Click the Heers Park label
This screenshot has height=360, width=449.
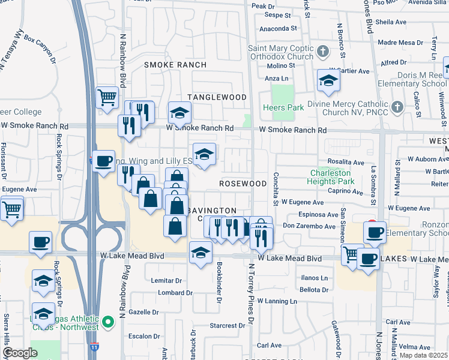tap(280, 108)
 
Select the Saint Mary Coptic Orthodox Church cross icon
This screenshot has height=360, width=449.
tap(323, 50)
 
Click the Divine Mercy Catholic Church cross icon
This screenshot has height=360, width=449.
tap(396, 107)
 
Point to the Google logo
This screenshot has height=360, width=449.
tap(20, 353)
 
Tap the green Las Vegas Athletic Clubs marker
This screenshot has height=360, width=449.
tap(109, 323)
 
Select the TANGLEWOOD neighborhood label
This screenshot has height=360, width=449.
tap(217, 97)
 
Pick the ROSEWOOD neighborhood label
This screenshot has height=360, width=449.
tap(243, 183)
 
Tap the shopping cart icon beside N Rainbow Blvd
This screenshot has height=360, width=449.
tap(107, 97)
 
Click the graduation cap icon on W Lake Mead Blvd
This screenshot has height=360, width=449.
tap(201, 252)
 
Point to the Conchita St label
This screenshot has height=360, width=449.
tap(276, 188)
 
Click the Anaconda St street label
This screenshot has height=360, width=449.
tap(278, 28)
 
